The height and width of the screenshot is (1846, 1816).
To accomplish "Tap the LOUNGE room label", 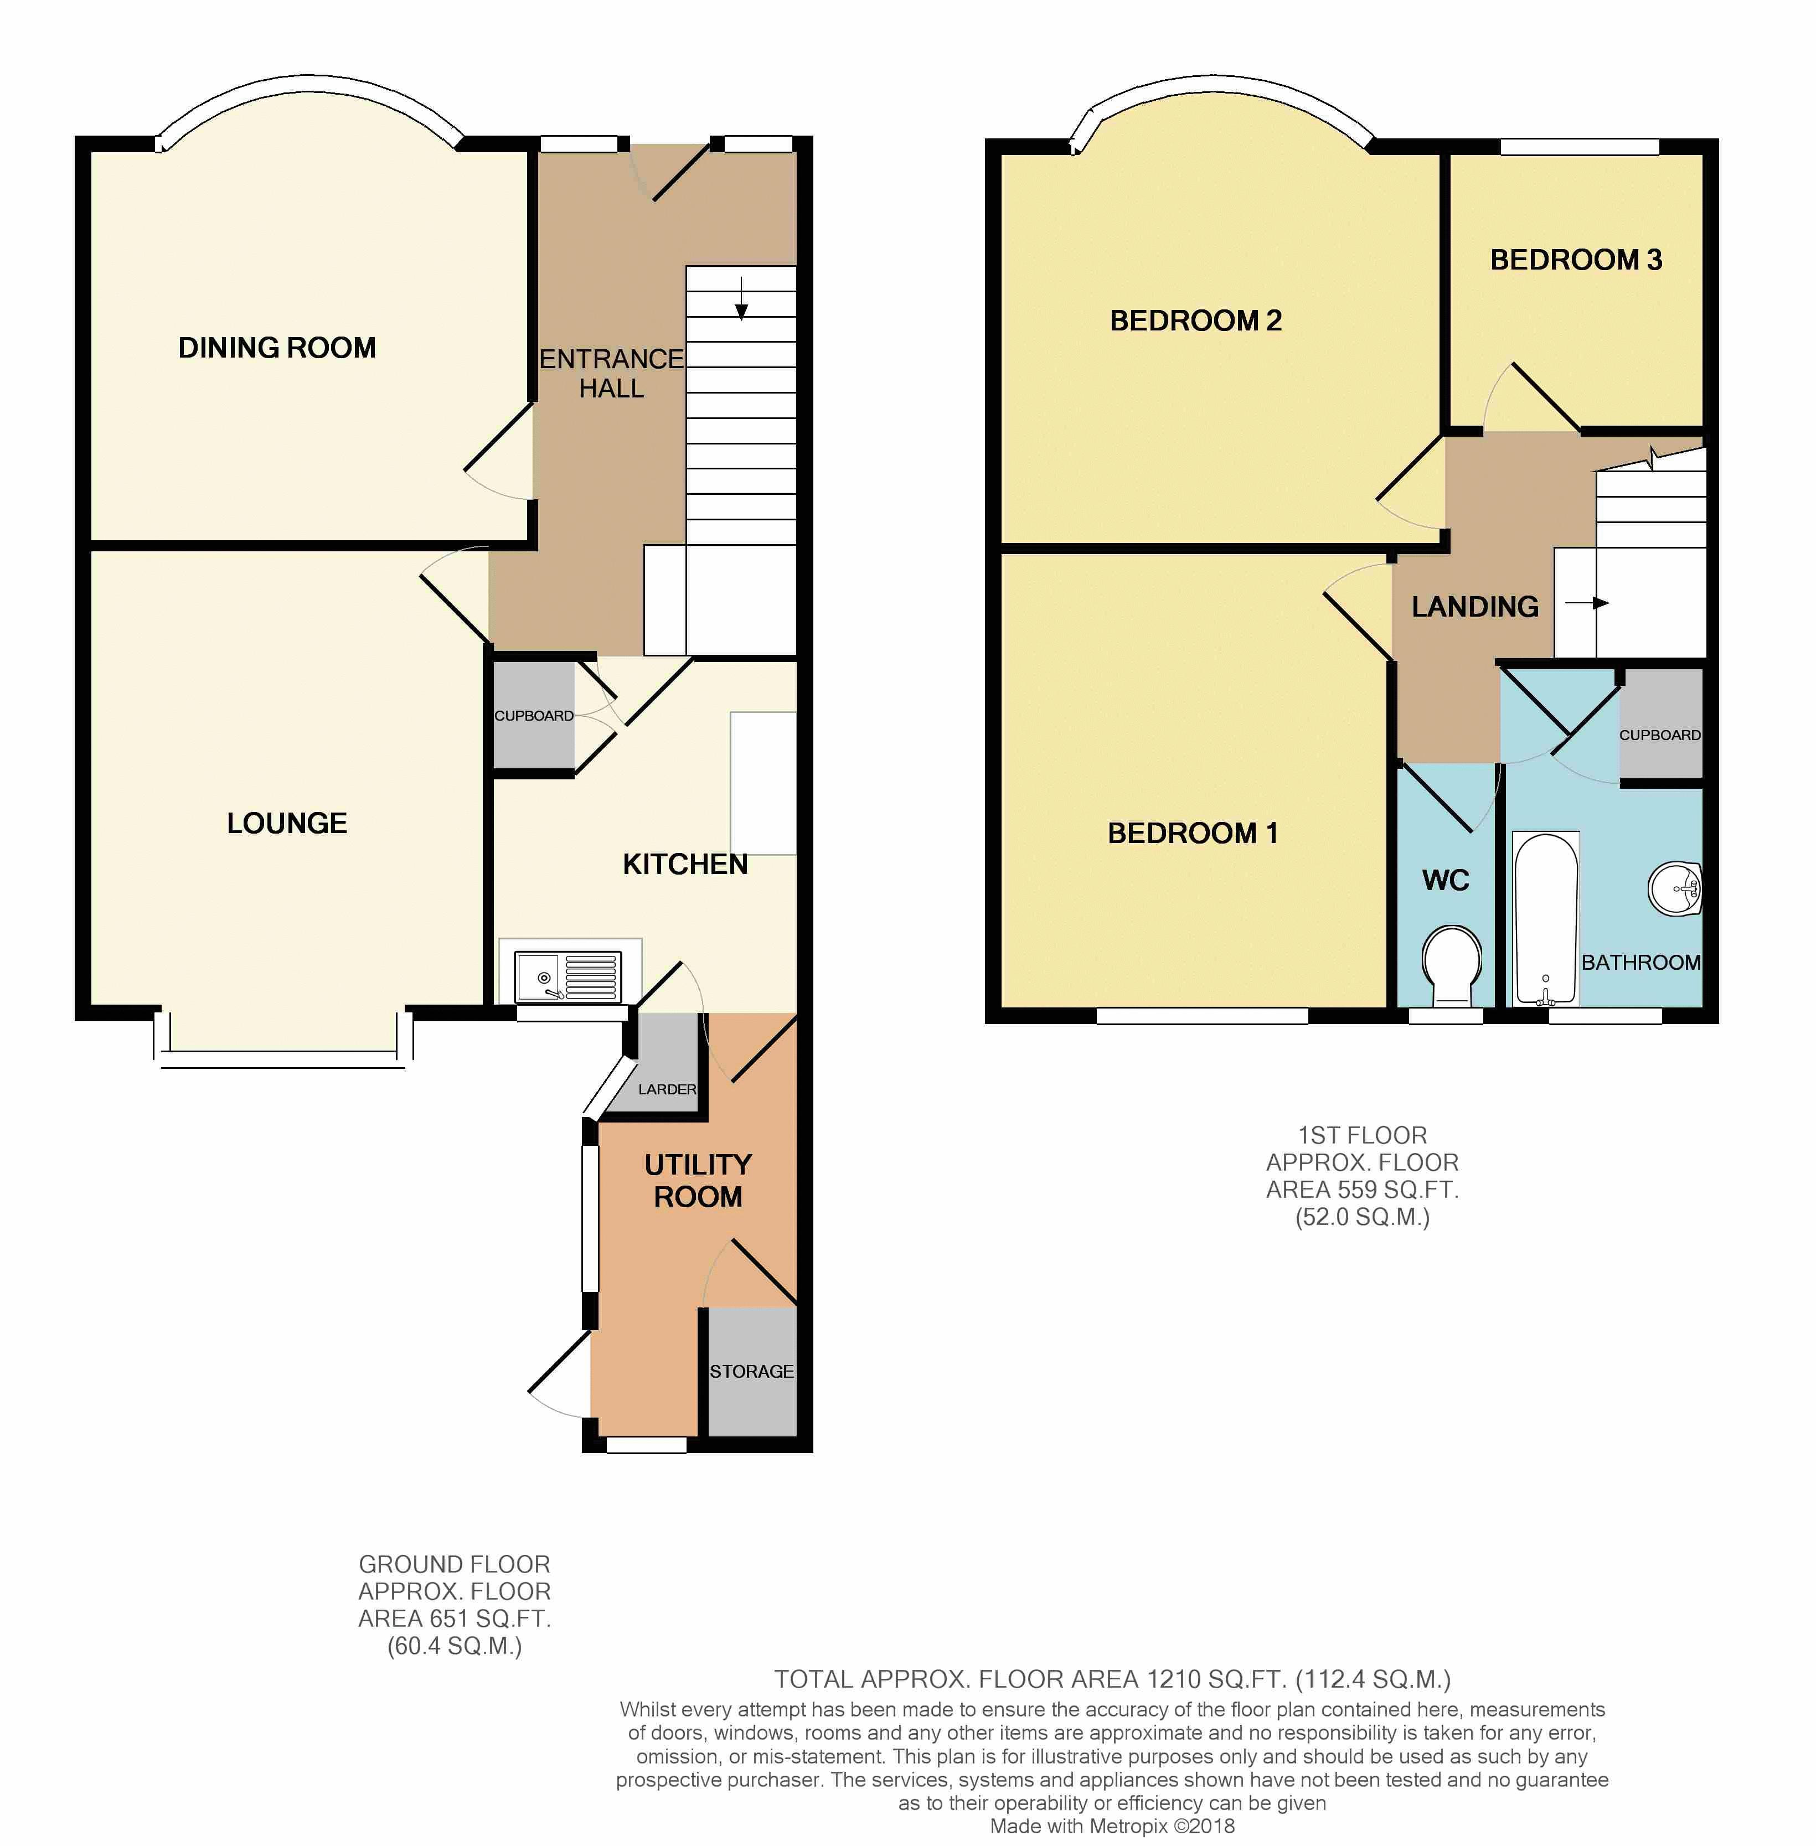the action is pyautogui.click(x=287, y=823).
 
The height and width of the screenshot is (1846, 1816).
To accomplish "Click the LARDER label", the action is pyautogui.click(x=667, y=1089).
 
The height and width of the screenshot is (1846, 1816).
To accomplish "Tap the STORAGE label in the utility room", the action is pyautogui.click(x=751, y=1371).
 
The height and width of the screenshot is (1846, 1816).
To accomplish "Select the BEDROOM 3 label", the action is pyautogui.click(x=1576, y=260).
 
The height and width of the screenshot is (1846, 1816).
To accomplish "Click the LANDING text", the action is pyautogui.click(x=1474, y=607).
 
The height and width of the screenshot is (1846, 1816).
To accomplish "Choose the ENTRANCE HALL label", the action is pyautogui.click(x=611, y=374).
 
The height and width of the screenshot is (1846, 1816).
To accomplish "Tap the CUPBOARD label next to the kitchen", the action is pyautogui.click(x=534, y=715).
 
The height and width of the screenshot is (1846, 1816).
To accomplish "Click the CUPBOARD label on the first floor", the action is pyautogui.click(x=1659, y=734).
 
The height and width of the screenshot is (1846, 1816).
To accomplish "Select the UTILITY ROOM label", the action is pyautogui.click(x=698, y=1181).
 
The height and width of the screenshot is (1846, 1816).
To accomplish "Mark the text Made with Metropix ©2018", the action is pyautogui.click(x=1112, y=1826).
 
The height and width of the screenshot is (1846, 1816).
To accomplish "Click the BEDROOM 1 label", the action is pyautogui.click(x=1192, y=834).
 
